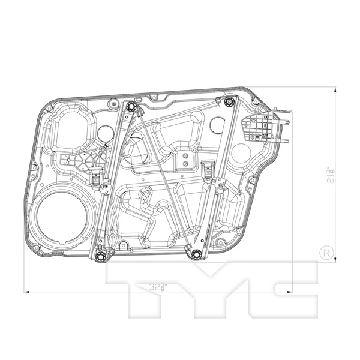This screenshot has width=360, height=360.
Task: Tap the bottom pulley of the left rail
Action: pyautogui.click(x=100, y=257)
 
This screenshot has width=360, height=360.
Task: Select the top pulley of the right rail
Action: pyautogui.click(x=227, y=102)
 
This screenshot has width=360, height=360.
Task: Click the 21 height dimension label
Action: pyautogui.click(x=328, y=175)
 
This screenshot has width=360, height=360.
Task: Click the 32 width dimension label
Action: pyautogui.click(x=158, y=287)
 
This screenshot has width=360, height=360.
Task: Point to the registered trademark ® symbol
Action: pyautogui.click(x=326, y=253)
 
